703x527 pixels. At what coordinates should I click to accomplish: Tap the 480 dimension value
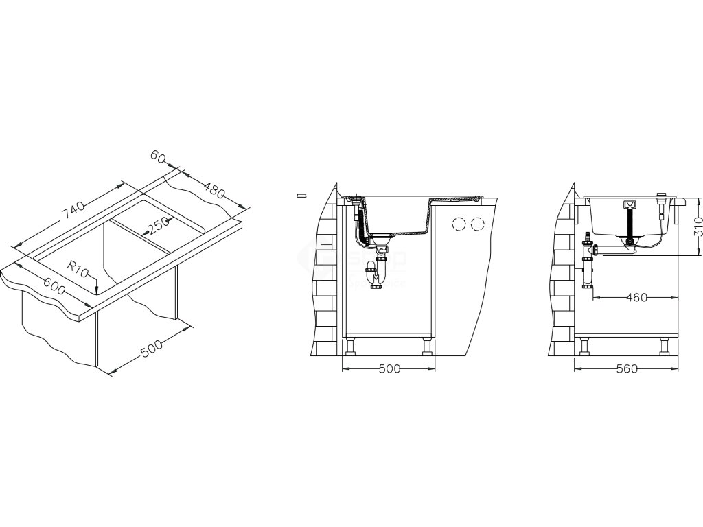tap(215, 190)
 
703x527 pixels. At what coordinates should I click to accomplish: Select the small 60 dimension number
tap(158, 158)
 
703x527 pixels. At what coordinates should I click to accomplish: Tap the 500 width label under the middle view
tap(389, 368)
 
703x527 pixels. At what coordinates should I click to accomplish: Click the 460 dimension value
tap(636, 298)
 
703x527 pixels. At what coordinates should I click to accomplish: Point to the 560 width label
tap(627, 368)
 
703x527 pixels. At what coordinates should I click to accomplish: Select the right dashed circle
tap(477, 224)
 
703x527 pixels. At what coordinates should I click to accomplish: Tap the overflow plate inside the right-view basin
tap(630, 205)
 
